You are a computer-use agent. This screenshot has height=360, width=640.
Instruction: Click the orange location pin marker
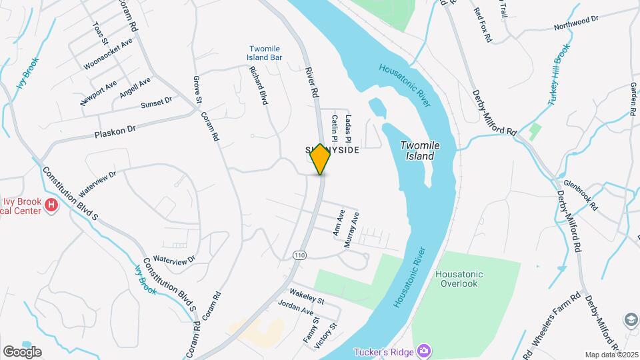pos(320,159)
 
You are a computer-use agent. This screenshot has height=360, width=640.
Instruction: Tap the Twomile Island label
pos(417,151)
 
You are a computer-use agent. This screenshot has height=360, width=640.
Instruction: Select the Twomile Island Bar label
pos(265,53)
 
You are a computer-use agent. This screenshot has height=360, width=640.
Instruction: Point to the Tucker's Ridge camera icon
pos(423,351)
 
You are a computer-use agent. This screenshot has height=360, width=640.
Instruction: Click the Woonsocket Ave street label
pos(108,53)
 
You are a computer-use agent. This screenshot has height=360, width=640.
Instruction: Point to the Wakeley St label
pos(306,297)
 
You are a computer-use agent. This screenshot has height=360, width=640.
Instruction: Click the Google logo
pos(22,351)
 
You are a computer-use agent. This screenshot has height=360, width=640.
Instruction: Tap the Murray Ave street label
pos(352,230)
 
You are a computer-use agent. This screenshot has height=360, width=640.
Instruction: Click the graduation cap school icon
pos(631,320)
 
